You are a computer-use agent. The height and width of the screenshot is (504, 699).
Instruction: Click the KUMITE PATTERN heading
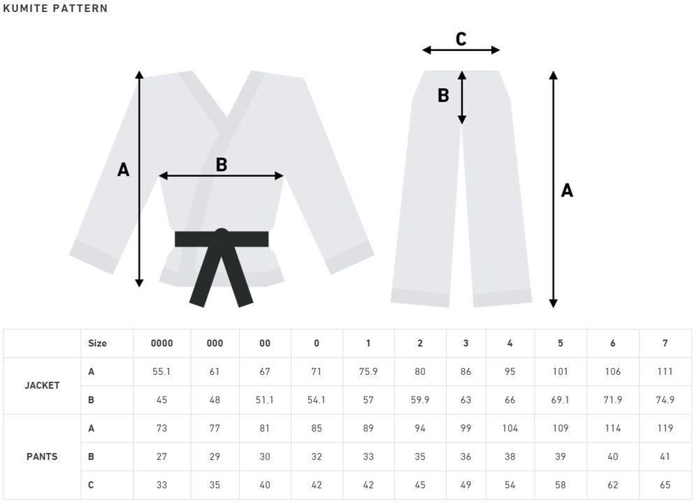pos(55,8)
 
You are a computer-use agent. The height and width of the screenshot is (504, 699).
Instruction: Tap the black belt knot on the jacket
pos(222,237)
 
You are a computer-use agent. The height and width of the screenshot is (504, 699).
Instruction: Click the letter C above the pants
pos(461,39)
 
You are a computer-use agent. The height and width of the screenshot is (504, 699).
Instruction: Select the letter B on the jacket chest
pos(222,165)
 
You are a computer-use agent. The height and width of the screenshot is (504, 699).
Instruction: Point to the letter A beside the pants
pos(567,191)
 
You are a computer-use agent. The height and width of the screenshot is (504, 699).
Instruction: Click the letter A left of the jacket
pos(124,170)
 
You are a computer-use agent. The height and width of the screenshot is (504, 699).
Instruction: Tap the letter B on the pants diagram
pos(443,95)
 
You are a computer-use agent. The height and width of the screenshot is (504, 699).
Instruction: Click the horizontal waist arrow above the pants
pos(461,50)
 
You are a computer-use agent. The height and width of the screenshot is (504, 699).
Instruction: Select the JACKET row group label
pos(42,385)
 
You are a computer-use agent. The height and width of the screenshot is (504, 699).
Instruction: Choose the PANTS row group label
pos(42,457)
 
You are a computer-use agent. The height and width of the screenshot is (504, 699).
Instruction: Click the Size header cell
pos(97,343)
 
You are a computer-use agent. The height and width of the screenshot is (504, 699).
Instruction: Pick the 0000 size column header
pos(162,343)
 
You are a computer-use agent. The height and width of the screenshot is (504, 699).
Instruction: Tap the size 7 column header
pos(665,343)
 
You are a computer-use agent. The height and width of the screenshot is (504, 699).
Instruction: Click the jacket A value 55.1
pos(161,372)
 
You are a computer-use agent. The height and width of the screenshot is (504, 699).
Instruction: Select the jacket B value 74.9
pos(665,400)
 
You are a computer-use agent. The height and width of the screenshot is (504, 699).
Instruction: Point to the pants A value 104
pos(510,429)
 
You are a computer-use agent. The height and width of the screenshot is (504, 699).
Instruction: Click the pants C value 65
pos(665,485)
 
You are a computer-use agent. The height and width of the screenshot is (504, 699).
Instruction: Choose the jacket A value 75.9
pos(368,372)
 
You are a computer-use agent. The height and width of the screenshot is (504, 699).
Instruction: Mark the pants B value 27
pos(162,457)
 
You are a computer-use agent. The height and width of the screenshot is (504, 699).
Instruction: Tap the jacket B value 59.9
pos(420,400)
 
